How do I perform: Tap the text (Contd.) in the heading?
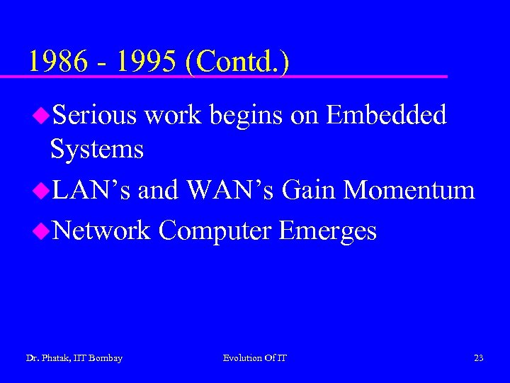[237, 62]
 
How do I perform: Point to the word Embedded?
[387, 115]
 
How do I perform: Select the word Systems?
[97, 150]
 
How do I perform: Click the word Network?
[101, 230]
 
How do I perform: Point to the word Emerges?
[328, 231]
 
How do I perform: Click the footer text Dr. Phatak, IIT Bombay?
[74, 358]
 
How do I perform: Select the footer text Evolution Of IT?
[255, 358]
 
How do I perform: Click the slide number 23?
[479, 358]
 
